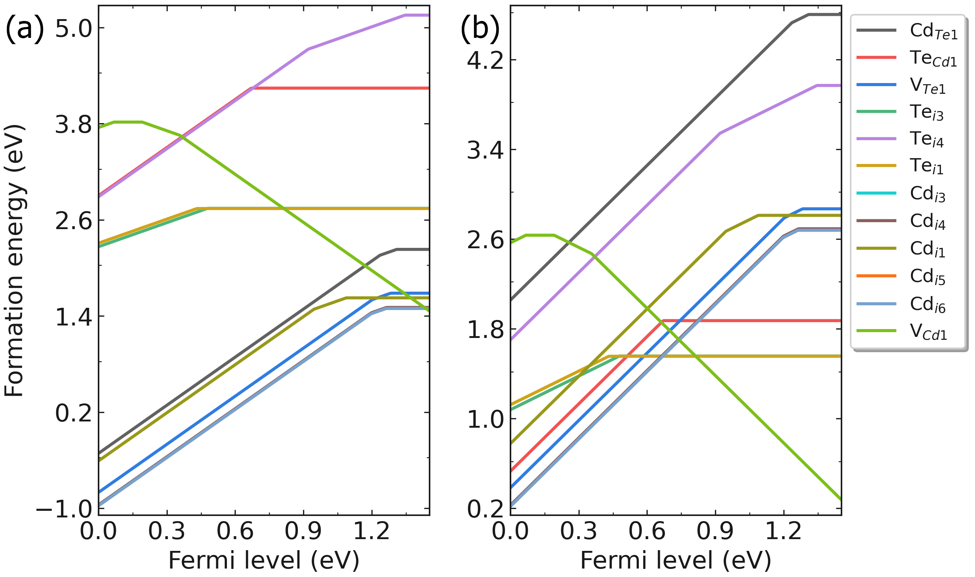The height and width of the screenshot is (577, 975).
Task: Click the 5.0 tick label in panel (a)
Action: pos(74,28)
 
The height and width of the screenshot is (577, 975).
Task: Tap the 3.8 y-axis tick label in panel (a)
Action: pos(74,124)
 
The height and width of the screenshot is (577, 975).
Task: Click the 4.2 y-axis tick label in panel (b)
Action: pos(485,60)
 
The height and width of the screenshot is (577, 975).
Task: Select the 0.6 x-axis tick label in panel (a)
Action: pos(235,531)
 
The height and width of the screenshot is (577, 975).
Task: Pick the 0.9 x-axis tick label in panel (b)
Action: pos(715,531)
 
